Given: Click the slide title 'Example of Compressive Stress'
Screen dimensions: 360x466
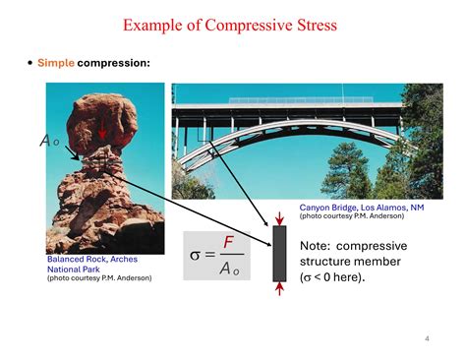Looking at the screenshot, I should [233, 23].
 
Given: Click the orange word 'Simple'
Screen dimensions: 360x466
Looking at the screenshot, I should [56, 63].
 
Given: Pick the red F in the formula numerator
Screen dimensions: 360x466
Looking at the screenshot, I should [228, 242].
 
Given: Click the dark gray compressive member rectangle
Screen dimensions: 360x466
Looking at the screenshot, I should [279, 255].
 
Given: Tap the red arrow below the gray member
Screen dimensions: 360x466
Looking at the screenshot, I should [279, 289].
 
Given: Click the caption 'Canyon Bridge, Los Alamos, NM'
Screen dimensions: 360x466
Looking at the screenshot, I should [362, 208].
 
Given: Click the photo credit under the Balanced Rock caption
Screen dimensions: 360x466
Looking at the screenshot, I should [98, 277].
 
